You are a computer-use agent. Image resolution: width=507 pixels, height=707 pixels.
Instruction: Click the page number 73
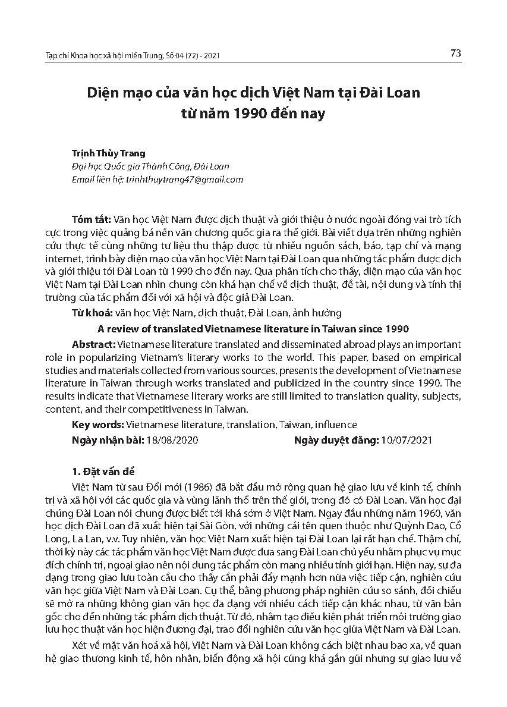(x=456, y=54)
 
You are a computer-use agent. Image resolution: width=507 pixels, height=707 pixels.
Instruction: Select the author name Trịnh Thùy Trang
(x=108, y=153)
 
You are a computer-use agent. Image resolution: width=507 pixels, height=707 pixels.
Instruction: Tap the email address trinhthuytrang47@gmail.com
(x=184, y=180)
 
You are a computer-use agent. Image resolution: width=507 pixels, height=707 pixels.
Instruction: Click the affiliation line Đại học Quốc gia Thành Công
(x=150, y=166)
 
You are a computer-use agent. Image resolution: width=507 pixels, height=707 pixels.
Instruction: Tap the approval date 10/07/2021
(x=407, y=441)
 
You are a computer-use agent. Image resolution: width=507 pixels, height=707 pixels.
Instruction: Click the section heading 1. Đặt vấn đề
(x=103, y=473)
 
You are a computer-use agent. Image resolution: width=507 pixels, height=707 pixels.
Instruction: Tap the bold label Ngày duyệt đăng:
(x=336, y=441)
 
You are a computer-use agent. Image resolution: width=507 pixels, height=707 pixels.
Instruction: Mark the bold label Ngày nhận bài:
(x=108, y=441)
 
